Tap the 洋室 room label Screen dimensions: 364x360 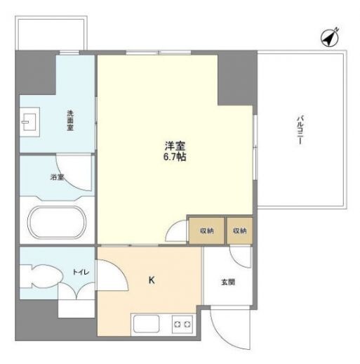[175, 146]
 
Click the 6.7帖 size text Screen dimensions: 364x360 [175, 157]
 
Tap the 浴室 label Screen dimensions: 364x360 [57, 177]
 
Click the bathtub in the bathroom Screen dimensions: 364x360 [57, 221]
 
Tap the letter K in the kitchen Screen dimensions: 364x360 [151, 280]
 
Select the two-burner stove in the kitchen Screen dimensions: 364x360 [182, 324]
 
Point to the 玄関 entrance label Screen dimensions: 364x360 [228, 282]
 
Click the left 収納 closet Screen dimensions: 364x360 [206, 230]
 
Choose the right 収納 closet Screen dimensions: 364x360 [240, 230]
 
